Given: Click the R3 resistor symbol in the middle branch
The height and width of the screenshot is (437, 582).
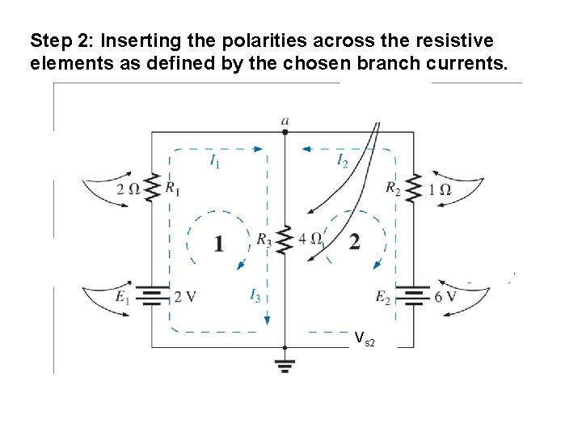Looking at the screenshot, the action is (285, 239).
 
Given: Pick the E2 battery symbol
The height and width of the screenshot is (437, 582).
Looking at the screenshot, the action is (414, 295).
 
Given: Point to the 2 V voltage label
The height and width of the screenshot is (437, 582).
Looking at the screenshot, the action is (184, 296).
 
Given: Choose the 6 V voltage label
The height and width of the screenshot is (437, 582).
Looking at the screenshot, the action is (445, 296).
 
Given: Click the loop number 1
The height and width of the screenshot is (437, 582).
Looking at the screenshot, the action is (218, 242).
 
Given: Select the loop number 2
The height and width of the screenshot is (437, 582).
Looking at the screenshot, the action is (354, 242).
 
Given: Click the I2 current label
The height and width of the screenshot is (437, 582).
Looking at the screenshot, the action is (343, 160).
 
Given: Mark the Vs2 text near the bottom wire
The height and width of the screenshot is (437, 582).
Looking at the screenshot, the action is (365, 338).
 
